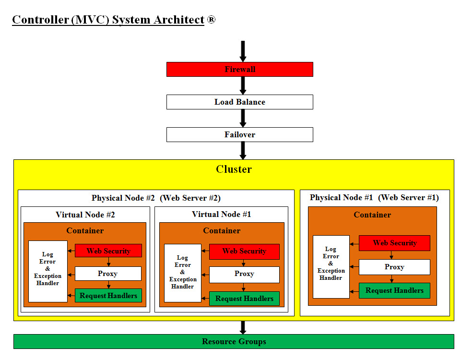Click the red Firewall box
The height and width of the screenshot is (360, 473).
[239, 69]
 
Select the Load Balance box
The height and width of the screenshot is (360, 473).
[239, 102]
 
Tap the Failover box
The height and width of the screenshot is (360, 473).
[239, 134]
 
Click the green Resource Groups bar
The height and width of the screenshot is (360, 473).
[234, 341]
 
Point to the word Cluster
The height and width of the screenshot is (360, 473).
[234, 169]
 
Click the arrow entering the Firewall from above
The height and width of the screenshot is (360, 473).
[243, 51]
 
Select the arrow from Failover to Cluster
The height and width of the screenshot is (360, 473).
[243, 150]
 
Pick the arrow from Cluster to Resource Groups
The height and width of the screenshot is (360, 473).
[243, 327]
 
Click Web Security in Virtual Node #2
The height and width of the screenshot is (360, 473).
[108, 251]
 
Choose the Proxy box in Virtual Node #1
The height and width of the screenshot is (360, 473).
[244, 274]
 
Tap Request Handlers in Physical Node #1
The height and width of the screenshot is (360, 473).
[394, 290]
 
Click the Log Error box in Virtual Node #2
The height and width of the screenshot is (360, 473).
[48, 271]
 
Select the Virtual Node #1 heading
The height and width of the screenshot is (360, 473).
[221, 215]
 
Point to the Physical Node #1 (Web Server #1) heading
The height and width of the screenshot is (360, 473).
[374, 197]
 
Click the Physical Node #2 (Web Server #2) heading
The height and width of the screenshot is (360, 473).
[156, 198]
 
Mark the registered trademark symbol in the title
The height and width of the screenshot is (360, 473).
[211, 20]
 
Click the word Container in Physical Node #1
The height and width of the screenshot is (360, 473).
[372, 215]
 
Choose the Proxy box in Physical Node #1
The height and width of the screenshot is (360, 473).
[394, 267]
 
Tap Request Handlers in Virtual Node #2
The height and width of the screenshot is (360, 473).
[108, 295]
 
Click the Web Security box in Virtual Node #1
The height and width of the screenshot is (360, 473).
[244, 251]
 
